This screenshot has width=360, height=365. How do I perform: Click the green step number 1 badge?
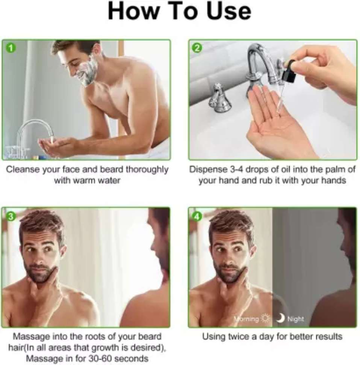(x=11, y=48)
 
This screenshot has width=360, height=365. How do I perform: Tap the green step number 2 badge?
(x=197, y=48)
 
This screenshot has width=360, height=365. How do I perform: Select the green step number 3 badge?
(x=11, y=216)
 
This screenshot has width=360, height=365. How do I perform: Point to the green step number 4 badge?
(x=197, y=216)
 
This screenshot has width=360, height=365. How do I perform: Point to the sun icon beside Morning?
(x=266, y=318)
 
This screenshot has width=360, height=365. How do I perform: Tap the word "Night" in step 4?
(x=296, y=319)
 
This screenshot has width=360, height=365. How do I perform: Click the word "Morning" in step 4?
(x=247, y=319)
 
